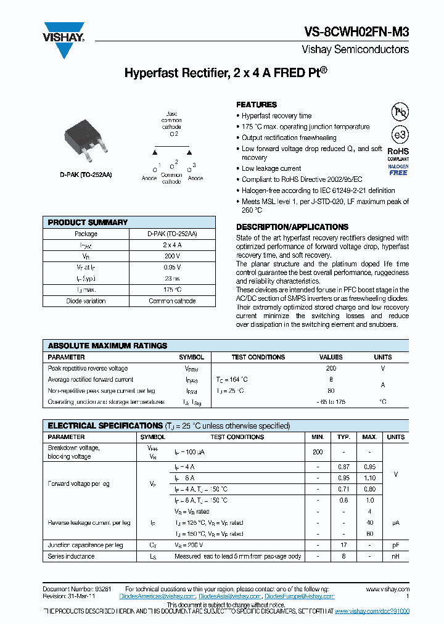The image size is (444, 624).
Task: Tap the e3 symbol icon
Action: tap(400, 134)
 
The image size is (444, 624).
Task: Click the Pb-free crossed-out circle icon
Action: tap(400, 112)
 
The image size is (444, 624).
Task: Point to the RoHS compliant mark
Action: tap(398, 154)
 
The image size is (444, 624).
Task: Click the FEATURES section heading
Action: tap(257, 105)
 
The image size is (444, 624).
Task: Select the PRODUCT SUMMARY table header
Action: tap(88, 223)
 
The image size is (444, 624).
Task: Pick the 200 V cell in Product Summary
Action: tap(172, 256)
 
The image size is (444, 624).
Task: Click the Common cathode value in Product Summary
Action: tap(172, 301)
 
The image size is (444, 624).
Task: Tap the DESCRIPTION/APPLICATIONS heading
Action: tap(292, 227)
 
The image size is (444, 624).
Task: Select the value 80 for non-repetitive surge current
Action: tap(331, 391)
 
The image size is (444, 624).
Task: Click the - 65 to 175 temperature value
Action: tap(331, 402)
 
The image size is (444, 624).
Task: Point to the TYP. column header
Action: tap(343, 437)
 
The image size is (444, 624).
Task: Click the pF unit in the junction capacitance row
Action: tap(395, 545)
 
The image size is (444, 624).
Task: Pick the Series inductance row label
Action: tap(72, 556)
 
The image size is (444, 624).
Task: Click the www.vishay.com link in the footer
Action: tap(387, 589)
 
